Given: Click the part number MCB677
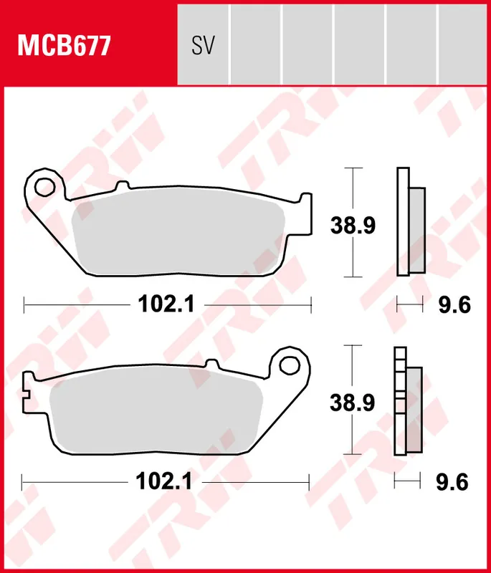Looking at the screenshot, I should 64,47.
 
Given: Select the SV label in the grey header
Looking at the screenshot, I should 203,47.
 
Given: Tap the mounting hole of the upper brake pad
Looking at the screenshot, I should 44,186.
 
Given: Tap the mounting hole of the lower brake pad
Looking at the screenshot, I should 291,365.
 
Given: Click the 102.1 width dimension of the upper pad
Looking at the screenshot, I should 167,305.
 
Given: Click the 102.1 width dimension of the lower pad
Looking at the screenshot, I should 164,482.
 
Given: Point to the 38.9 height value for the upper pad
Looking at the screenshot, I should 353,226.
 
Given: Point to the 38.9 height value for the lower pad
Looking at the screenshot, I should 353,403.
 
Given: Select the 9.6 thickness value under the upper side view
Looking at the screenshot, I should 453,306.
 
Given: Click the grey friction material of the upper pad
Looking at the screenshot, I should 179,233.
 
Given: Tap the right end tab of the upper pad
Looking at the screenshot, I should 306,213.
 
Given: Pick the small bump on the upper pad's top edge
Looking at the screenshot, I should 120,186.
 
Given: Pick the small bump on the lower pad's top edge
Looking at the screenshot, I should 211,365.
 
